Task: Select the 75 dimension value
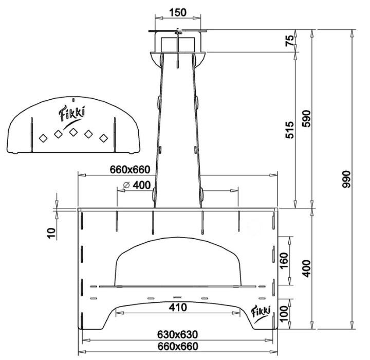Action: click(290, 41)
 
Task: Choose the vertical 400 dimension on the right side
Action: click(308, 268)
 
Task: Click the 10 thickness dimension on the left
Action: click(50, 232)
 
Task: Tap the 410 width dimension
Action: click(176, 307)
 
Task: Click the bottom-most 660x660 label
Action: click(175, 346)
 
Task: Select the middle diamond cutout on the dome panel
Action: click(73, 133)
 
